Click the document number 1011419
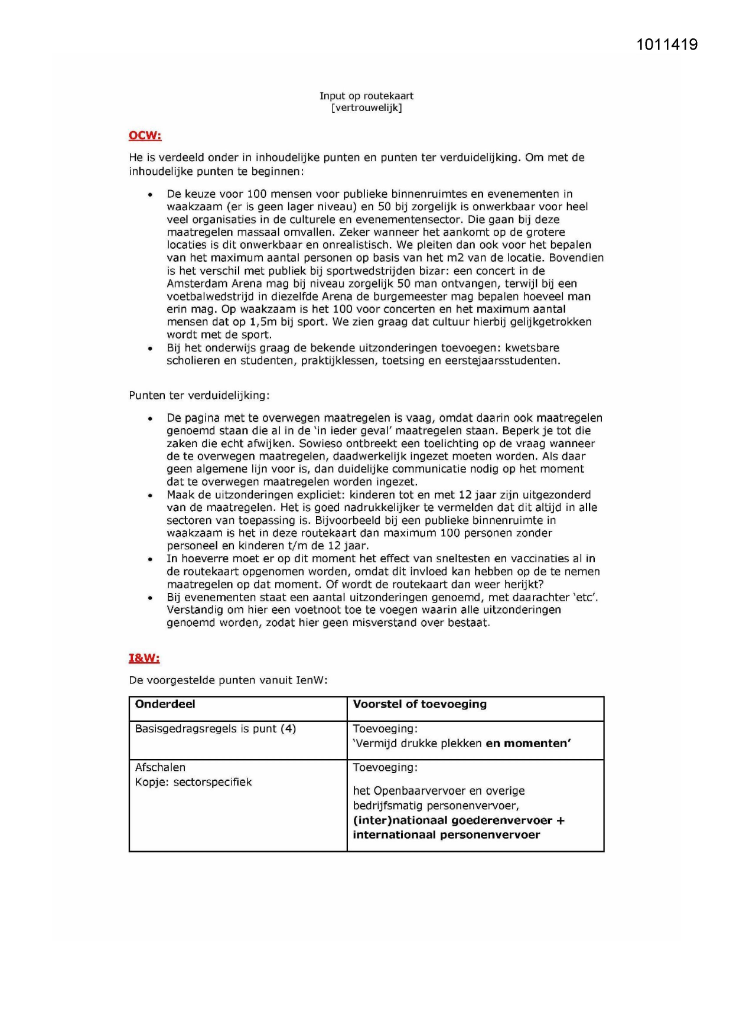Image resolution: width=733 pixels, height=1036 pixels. (667, 45)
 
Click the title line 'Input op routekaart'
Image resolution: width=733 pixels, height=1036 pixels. (366, 96)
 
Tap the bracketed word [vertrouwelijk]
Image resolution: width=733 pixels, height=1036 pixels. (366, 107)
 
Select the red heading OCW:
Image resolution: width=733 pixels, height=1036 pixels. (145, 135)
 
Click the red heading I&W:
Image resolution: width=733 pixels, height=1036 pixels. (144, 658)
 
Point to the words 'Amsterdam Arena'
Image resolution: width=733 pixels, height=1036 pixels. (205, 284)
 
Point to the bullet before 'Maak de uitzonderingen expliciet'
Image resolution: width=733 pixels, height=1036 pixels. (151, 496)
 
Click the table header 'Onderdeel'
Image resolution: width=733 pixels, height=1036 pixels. (165, 704)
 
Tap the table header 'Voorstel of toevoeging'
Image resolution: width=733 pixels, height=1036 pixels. (419, 704)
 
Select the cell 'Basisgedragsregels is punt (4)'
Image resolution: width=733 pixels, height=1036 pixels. (215, 729)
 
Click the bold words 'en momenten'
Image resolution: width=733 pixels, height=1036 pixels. (528, 744)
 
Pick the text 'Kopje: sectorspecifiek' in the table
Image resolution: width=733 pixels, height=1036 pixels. (193, 782)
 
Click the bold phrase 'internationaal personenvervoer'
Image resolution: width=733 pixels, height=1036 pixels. (446, 835)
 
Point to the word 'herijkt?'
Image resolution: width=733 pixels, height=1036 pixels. (523, 584)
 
